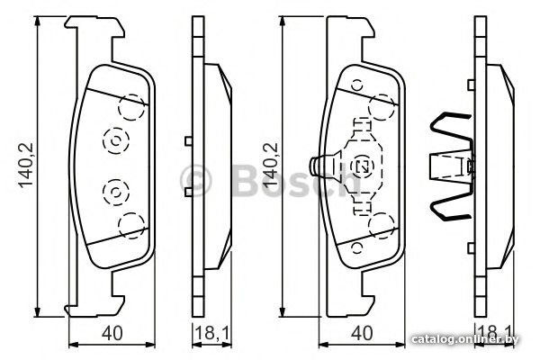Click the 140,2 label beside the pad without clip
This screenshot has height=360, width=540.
coord(26,165)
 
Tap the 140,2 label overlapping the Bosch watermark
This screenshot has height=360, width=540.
coord(271,165)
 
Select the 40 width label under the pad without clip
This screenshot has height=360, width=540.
coord(112,333)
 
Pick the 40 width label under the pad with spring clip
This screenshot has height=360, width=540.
coord(363,333)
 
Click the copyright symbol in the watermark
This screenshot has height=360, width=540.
coord(195,180)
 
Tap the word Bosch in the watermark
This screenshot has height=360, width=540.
coord(296,180)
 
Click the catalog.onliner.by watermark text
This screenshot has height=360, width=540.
coord(465,339)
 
